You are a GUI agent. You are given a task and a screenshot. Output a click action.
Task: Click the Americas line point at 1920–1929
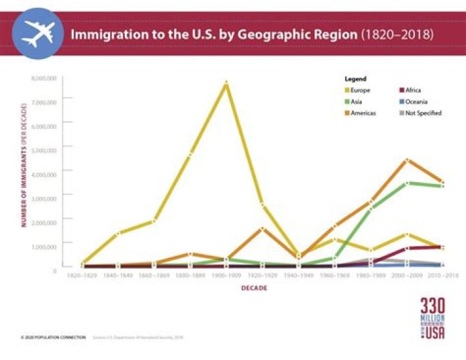[x=262, y=229]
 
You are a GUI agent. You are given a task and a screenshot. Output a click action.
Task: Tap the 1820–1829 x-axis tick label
[x=82, y=276]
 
